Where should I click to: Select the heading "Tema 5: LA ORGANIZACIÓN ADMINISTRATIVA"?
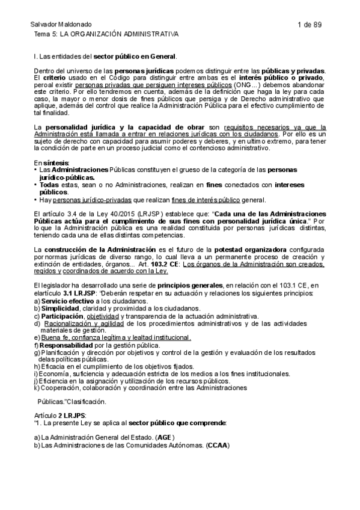(x=106, y=35)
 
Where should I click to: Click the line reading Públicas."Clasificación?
(x=72, y=401)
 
